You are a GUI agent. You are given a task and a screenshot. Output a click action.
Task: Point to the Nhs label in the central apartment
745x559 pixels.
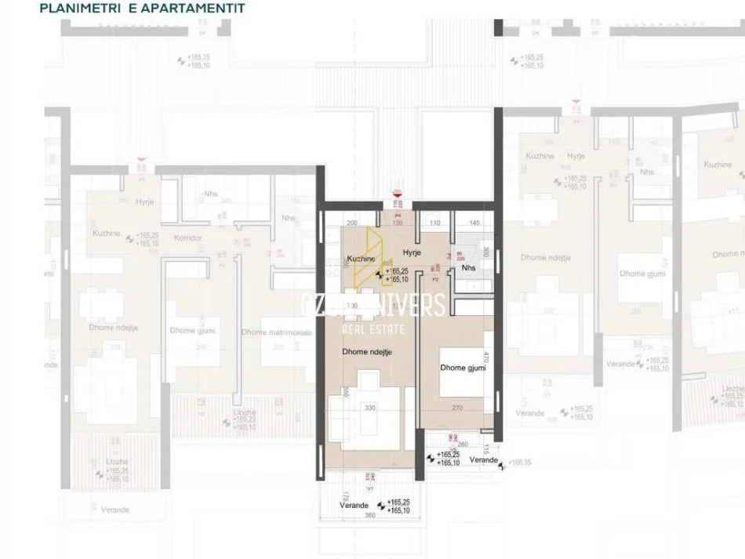[x=469, y=267]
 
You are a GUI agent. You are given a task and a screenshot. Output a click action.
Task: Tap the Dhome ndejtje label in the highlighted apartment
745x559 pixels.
[x=366, y=352]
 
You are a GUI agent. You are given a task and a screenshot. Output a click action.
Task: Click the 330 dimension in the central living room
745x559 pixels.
[x=372, y=408]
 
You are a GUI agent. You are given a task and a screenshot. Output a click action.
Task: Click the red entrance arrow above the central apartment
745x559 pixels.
[x=398, y=194]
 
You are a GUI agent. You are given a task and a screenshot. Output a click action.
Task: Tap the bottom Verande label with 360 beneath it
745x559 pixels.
[x=354, y=506]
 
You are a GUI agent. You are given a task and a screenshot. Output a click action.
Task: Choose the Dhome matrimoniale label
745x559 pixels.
[x=276, y=332]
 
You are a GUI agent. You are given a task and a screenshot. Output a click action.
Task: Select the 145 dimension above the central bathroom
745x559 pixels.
[x=474, y=223]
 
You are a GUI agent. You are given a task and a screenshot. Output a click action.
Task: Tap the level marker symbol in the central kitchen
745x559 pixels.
[x=382, y=274]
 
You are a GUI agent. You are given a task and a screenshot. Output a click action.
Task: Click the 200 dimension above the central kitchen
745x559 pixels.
[x=351, y=223]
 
